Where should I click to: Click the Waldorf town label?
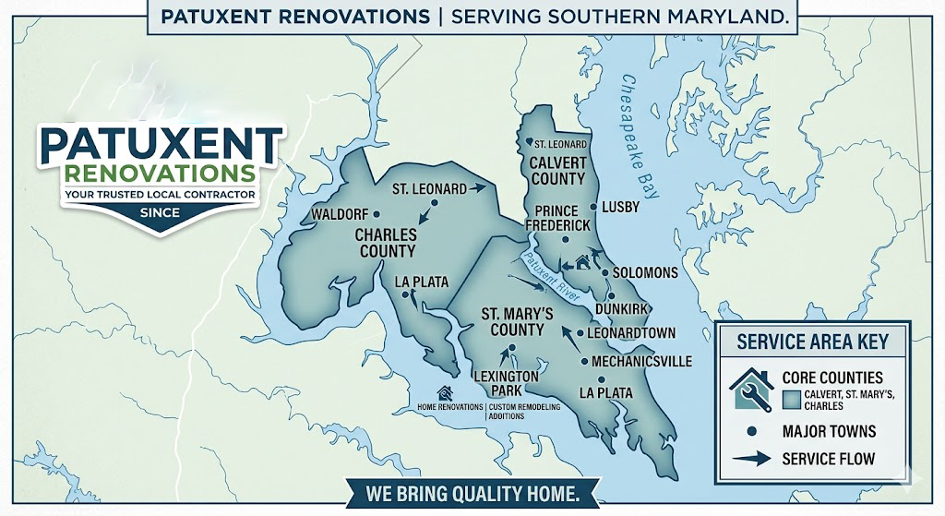pyautogui.click(x=340, y=214)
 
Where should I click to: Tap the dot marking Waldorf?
pyautogui.click(x=376, y=214)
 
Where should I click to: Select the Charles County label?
pyautogui.click(x=386, y=243)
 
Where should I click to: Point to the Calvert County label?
pyautogui.click(x=556, y=171)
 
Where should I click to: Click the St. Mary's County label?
pyautogui.click(x=517, y=322)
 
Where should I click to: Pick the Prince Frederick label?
pyautogui.click(x=556, y=218)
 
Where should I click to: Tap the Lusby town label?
pyautogui.click(x=620, y=207)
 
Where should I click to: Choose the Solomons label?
pyautogui.click(x=645, y=273)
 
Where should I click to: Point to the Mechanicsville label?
pyautogui.click(x=641, y=362)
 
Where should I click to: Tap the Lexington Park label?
pyautogui.click(x=505, y=384)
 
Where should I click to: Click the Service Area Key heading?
pyautogui.click(x=812, y=342)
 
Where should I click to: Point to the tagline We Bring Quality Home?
pyautogui.click(x=472, y=494)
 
